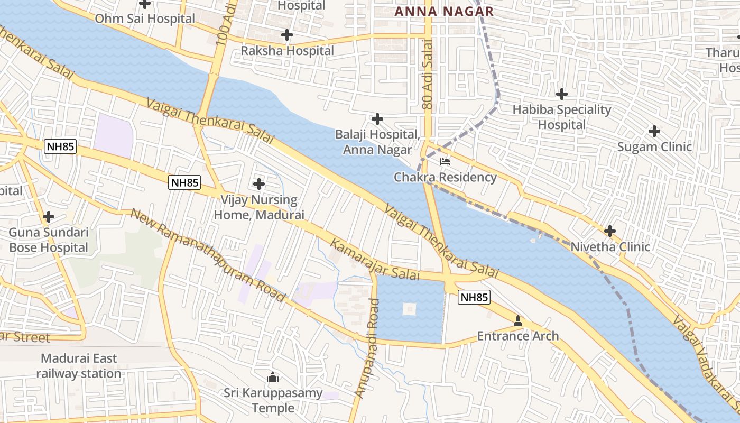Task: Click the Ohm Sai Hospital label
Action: (145, 19)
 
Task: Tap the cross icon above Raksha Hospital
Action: (287, 35)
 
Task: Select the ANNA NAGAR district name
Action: (444, 11)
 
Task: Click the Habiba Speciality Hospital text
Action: (562, 117)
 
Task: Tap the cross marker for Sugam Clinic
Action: (654, 131)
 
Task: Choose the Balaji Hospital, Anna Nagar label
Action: (377, 142)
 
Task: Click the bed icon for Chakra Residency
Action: (445, 161)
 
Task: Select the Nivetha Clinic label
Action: (610, 247)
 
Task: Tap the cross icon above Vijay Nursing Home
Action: (259, 184)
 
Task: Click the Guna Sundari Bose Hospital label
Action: (49, 240)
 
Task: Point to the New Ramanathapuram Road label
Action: (208, 255)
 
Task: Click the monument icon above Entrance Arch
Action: (518, 320)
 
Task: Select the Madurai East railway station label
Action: (79, 366)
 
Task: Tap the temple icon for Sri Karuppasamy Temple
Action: (273, 377)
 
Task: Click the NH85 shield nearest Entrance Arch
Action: (474, 297)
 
